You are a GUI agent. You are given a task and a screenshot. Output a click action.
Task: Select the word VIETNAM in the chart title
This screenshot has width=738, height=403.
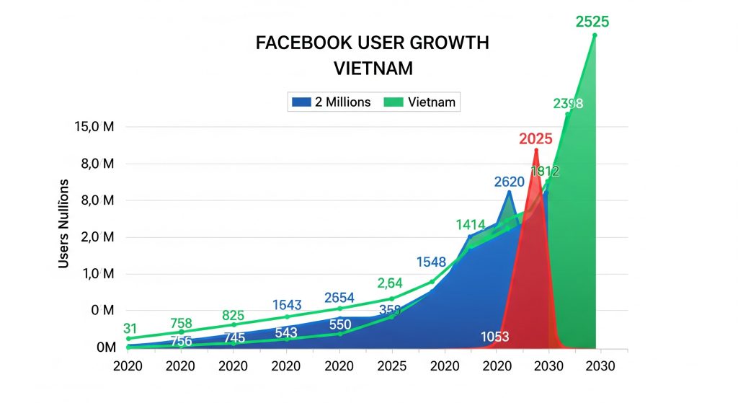373,69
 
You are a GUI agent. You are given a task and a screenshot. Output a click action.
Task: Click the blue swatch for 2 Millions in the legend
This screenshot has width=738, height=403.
300,102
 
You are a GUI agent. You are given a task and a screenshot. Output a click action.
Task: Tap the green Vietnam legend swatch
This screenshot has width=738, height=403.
394,102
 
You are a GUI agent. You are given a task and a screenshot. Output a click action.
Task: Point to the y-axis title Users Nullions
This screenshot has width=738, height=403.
64,223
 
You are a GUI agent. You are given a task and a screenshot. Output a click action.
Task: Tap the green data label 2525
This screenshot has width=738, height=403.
592,22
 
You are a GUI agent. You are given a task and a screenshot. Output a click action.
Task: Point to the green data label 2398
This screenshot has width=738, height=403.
568,104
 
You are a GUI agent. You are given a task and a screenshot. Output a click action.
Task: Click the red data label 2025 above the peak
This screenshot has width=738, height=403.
535,138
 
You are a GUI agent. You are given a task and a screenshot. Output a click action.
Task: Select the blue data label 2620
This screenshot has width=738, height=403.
509,182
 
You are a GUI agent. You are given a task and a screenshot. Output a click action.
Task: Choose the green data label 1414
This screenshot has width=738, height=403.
471,226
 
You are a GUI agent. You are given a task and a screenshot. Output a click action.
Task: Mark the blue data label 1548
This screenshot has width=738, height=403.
431,262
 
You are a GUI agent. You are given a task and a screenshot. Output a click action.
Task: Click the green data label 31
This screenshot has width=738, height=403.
130,329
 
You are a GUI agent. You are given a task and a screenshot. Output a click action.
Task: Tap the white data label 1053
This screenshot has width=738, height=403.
496,337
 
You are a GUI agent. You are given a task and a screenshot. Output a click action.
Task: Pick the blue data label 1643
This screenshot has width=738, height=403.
287,305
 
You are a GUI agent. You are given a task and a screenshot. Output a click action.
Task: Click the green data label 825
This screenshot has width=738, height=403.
234,315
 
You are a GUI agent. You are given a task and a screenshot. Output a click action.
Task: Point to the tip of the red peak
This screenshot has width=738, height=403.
535,150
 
